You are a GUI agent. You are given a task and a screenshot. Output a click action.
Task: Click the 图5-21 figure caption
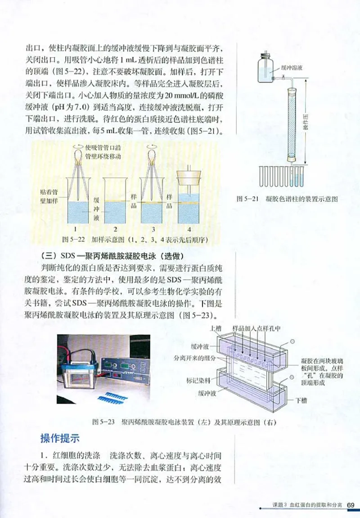[x=287, y=199]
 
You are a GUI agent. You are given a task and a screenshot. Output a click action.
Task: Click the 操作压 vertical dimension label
[x=305, y=122]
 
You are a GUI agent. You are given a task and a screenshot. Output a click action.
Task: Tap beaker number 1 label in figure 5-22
[x=77, y=228]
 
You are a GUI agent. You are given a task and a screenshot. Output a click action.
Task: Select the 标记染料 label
[x=198, y=380]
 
